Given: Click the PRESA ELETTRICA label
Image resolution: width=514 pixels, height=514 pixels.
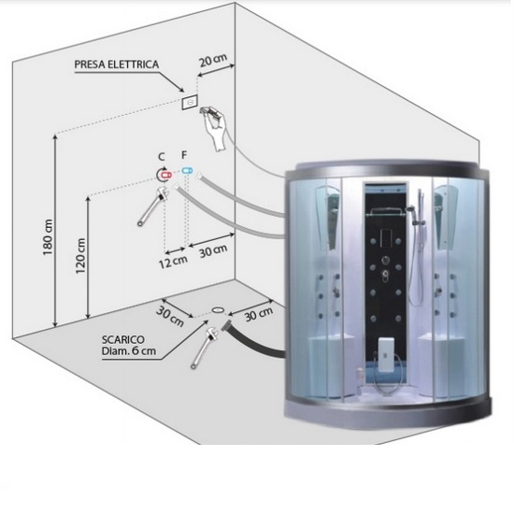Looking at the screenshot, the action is [x=117, y=64].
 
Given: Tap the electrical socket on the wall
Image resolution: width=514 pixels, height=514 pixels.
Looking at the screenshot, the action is [x=190, y=102].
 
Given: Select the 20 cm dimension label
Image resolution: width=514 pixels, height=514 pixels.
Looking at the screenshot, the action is [x=213, y=60].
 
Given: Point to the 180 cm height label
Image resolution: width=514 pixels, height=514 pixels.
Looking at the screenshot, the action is [x=48, y=237].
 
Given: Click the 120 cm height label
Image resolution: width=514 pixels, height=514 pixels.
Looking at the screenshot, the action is [x=80, y=256].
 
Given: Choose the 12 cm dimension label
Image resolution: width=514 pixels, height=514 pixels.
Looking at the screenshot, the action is [x=173, y=262].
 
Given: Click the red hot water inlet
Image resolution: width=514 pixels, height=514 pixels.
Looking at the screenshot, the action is [x=165, y=175].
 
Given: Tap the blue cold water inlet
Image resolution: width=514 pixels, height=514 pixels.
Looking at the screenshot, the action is [x=188, y=170].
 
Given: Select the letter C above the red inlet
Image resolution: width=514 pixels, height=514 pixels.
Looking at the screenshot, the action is [x=162, y=157].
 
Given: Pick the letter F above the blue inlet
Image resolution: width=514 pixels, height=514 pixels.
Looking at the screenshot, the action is [x=184, y=154].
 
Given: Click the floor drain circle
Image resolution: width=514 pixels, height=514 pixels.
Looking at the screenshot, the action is [x=218, y=309].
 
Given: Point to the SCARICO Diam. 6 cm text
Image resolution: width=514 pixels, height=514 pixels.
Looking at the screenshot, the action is [x=129, y=345].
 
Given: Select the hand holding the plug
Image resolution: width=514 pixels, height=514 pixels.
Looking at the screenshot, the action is [x=215, y=127].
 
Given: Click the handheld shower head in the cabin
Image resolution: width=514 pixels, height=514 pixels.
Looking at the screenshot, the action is [x=411, y=210].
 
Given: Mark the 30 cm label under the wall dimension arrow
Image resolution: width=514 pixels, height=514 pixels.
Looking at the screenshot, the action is [x=213, y=251].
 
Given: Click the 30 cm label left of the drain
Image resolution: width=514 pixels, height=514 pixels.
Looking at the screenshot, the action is [x=170, y=316].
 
